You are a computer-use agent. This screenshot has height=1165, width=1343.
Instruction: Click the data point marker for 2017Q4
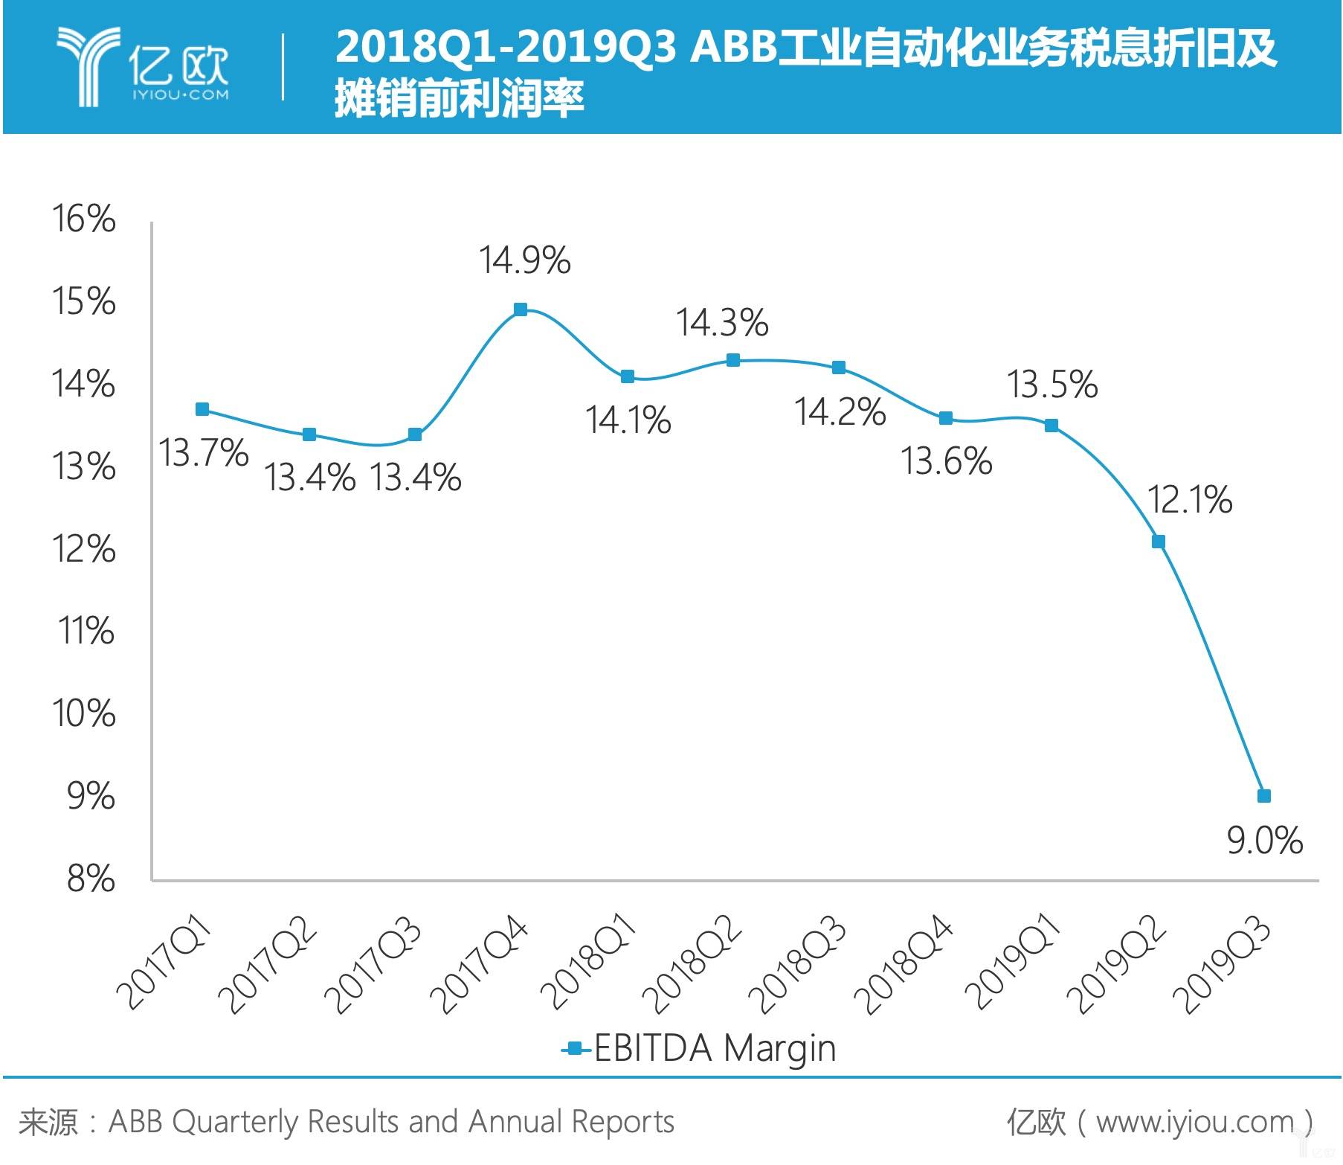(521, 309)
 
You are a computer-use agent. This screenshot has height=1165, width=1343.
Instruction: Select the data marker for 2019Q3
(1264, 796)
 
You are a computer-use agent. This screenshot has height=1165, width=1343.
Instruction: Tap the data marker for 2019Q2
(1158, 542)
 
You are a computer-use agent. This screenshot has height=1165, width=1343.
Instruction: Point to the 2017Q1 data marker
(202, 409)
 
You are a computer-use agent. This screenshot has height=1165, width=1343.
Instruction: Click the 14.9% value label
(524, 260)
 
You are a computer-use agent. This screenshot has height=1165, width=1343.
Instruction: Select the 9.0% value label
(1264, 841)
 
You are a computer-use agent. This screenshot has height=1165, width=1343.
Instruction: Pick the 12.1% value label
(1190, 499)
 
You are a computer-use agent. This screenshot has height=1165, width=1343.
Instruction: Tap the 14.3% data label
(721, 323)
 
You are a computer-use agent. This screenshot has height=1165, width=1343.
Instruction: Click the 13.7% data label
(204, 453)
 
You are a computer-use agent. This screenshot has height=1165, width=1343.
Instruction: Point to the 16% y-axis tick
(83, 219)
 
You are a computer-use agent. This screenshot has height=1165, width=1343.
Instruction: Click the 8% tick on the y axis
(91, 879)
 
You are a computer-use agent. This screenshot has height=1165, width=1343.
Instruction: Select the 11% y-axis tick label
(86, 632)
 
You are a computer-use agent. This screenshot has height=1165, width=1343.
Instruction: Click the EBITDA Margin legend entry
(699, 1049)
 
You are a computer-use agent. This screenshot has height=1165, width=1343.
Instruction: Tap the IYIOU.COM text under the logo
(181, 94)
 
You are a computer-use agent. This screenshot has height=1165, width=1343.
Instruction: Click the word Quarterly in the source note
(235, 1122)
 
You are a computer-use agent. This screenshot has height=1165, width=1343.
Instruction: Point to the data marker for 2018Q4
(946, 418)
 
